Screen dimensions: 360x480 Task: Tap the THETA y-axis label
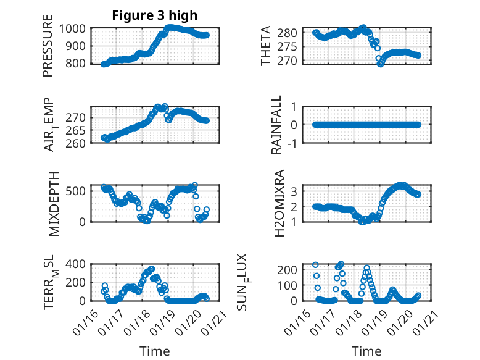266,46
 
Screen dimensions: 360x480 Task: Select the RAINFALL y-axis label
277,125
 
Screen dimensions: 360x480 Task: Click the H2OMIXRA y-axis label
278,203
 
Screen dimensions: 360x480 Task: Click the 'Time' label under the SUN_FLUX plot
366,351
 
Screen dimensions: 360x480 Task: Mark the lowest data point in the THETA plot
380,64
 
